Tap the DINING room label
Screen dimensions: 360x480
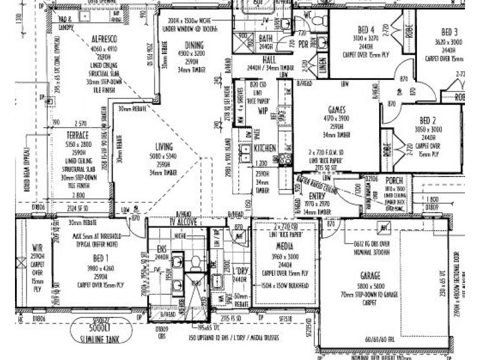194,44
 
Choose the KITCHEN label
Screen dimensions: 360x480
264,148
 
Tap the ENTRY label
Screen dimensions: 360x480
317,196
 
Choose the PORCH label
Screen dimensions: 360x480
394,181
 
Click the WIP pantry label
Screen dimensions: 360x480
263,112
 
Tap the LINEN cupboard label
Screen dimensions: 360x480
322,67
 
